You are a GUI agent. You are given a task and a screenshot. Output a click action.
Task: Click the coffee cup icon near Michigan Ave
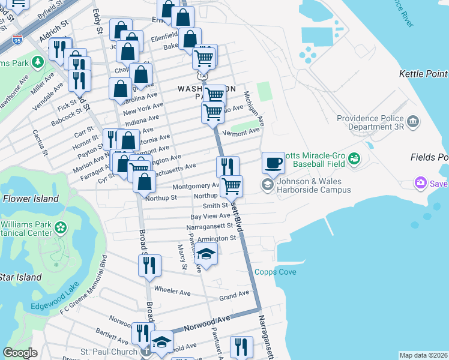tap(273, 162)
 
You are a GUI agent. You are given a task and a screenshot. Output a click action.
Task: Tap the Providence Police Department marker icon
tap(412, 122)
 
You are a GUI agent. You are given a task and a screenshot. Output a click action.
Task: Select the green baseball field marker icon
tap(354, 158)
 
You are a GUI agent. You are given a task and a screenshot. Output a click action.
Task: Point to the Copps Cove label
tap(275, 272)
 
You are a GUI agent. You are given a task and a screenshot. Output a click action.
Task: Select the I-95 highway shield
tap(17, 41)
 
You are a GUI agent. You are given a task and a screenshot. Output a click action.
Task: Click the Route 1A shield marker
tap(203, 76)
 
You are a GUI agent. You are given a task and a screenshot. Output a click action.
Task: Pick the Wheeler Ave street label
tap(172, 292)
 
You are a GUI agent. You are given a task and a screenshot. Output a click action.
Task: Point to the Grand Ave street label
tap(234, 295)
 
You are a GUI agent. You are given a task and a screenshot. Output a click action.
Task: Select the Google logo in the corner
tap(20, 353)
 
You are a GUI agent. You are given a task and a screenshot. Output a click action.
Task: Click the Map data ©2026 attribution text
tap(423, 355)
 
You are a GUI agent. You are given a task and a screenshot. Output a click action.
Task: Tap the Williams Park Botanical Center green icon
tap(60, 228)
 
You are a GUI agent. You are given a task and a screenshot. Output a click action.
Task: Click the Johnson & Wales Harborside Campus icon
tap(267, 185)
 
